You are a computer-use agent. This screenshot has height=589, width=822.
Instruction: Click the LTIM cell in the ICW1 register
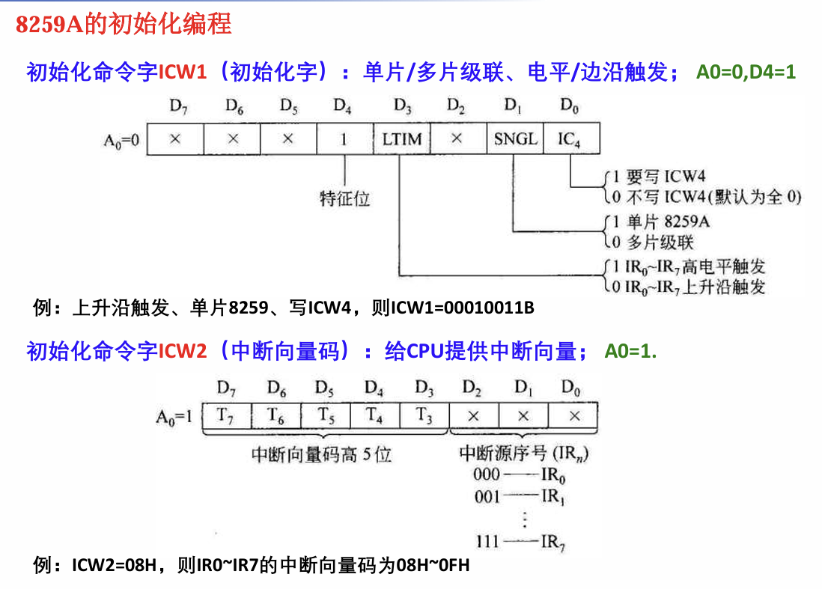coord(401,139)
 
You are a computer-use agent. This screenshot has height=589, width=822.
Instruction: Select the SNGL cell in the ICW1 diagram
coord(514,139)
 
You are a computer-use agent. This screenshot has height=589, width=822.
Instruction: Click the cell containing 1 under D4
coord(344,139)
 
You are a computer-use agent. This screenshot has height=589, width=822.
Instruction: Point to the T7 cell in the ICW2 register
coord(225,415)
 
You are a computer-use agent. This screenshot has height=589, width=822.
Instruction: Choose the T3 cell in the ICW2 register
coord(423,415)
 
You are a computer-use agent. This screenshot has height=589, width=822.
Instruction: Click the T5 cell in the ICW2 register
coord(324,415)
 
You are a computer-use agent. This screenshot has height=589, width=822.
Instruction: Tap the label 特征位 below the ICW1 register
coord(344,198)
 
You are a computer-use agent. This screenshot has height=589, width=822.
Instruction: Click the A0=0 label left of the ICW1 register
coord(121,140)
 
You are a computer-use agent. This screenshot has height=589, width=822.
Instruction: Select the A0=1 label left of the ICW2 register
coord(174,416)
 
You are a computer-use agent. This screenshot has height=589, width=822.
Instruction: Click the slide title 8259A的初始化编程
coord(124,24)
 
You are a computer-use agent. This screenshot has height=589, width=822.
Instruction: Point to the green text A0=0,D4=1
coord(746,73)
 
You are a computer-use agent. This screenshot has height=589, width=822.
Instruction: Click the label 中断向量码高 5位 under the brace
coord(321,454)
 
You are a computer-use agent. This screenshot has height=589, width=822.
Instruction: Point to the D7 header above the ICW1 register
coord(177,107)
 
